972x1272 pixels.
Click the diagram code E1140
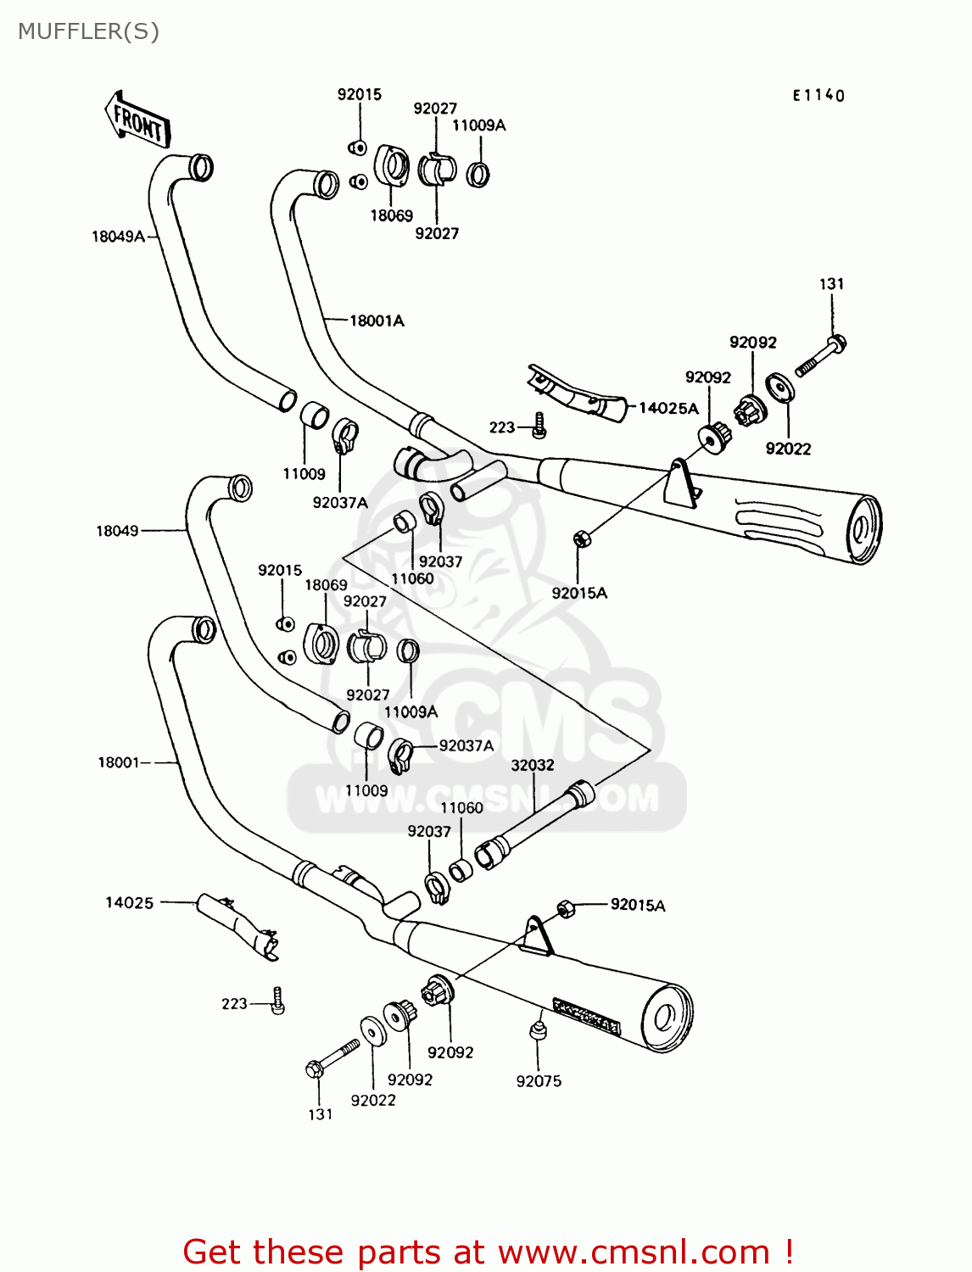pos(818,96)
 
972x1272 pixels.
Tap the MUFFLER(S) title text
pos(88,31)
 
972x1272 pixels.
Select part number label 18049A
pos(118,237)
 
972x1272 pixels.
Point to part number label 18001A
pos(377,321)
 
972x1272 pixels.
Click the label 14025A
pos(668,408)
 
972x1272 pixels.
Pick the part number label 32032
pos(533,765)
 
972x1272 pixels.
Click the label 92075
pos(539,1081)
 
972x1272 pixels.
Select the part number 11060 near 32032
pos(461,808)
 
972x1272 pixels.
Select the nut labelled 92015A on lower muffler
pos(566,909)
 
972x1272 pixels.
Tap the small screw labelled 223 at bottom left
pos(277,1001)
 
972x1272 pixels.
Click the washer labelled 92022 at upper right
pos(779,388)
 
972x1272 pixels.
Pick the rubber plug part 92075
pos(537,1029)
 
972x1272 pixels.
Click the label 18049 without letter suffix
pos(117,531)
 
